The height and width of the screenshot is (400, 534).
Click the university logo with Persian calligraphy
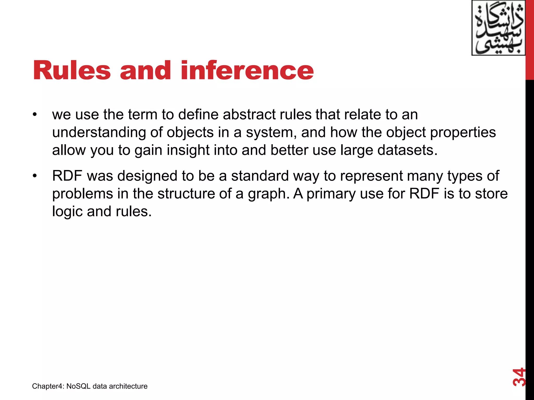coord(498,28)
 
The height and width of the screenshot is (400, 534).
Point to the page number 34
coord(519,377)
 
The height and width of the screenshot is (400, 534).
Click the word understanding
coord(99,132)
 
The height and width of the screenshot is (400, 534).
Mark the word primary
coord(331,194)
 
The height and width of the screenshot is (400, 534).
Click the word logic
coord(67,211)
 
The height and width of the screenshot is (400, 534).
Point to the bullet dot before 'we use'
coord(35,115)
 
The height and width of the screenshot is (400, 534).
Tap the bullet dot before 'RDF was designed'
coord(35,176)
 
